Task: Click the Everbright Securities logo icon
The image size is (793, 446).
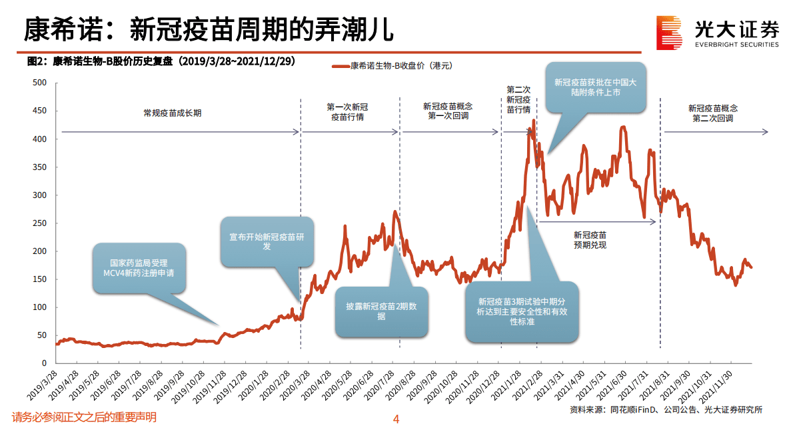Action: (670, 32)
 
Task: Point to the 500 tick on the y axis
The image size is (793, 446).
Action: (39, 83)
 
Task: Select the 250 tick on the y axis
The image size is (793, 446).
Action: (39, 223)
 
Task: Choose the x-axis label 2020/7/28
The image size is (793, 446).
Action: (379, 384)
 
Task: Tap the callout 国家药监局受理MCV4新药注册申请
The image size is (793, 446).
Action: (139, 268)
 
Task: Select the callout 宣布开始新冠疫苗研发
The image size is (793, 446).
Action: (267, 241)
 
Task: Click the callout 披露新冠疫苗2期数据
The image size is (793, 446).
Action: (381, 311)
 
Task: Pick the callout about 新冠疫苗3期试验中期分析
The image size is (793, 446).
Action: (522, 311)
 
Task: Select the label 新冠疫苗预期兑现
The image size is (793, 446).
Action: (590, 240)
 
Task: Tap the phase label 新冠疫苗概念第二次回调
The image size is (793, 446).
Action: (712, 113)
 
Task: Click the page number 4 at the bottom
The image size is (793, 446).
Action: (396, 419)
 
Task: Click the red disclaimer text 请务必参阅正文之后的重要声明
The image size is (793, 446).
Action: (85, 418)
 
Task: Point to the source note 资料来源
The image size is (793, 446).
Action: (666, 410)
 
